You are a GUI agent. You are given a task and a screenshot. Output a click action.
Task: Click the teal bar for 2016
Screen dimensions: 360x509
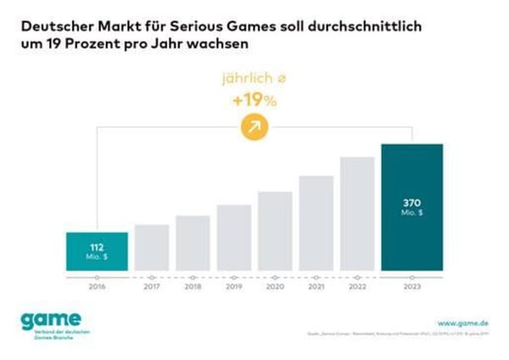coord(97,250)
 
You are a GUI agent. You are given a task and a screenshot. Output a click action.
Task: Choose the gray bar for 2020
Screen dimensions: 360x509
coord(275,231)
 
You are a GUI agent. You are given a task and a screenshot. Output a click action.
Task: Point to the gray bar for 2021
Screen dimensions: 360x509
coord(316,223)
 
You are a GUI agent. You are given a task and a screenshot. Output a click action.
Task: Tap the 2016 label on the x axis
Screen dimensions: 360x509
coord(97,289)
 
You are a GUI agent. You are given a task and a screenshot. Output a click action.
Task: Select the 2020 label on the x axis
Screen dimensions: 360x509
coord(275,289)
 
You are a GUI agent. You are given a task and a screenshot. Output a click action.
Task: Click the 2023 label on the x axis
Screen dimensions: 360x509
coord(412,289)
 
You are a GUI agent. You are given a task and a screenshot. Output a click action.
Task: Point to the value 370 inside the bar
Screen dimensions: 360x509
coord(412,203)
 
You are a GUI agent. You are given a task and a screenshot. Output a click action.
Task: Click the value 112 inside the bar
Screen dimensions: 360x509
coord(97,246)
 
